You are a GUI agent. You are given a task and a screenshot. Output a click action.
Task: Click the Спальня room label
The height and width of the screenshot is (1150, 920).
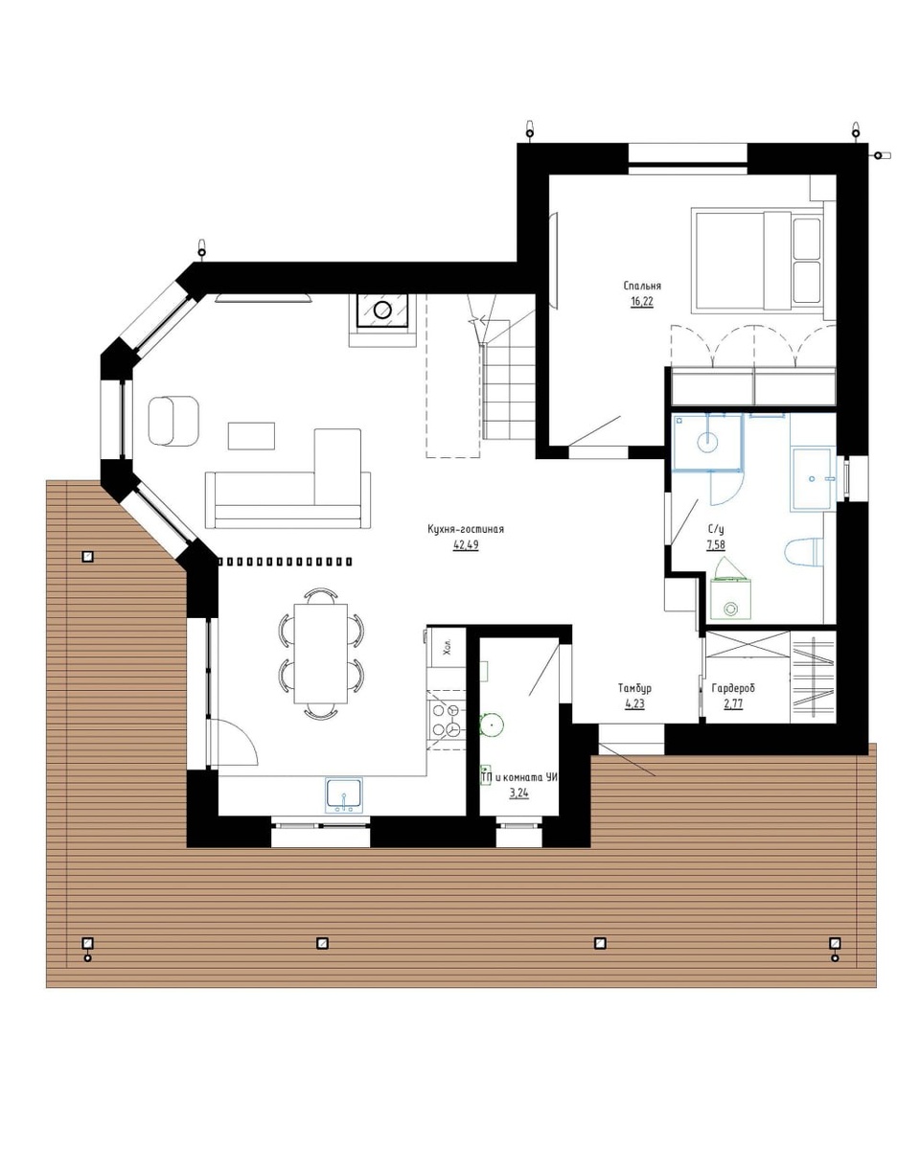point(642,286)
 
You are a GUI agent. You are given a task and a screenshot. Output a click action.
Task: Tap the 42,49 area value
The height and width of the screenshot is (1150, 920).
point(466,544)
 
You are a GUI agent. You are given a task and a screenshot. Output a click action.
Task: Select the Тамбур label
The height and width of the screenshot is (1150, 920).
point(634,688)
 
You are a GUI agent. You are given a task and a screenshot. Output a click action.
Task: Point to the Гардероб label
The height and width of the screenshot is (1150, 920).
point(733,688)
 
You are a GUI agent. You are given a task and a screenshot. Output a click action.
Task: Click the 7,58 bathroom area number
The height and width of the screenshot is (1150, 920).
point(716,544)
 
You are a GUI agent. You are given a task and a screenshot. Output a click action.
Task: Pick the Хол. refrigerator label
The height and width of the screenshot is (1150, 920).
point(448,647)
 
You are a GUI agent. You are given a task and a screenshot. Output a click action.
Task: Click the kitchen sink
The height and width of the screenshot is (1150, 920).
point(344,795)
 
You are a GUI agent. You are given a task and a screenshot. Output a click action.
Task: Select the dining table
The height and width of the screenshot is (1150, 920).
point(321,653)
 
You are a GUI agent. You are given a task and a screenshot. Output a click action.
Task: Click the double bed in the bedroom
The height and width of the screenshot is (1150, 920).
point(757,261)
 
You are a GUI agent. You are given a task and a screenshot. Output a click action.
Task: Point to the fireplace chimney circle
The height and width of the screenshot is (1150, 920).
point(381,310)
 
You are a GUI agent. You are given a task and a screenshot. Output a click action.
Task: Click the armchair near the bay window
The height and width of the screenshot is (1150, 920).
point(173,420)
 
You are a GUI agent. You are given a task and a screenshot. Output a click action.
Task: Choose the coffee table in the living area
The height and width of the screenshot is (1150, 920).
point(251,436)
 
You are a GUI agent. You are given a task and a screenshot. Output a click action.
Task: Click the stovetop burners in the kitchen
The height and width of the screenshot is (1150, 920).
point(447,720)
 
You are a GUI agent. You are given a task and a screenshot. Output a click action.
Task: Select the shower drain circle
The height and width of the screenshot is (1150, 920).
point(707,442)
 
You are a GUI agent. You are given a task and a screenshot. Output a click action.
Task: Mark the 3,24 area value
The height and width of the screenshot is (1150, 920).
point(518,793)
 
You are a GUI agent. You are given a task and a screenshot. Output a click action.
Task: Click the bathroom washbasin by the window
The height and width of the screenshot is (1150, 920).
point(812,479)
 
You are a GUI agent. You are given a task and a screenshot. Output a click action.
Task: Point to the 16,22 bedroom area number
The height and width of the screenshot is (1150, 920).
point(641,301)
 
